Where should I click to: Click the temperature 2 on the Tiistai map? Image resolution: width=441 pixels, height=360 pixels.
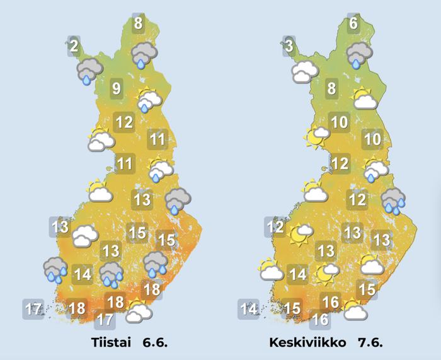74,45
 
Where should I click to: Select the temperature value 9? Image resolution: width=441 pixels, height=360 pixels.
116,88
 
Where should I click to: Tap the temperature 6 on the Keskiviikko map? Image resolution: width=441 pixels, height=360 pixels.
353,24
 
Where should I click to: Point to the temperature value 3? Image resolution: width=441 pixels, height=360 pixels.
289,46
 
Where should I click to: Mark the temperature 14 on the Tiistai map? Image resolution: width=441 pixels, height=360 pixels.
83,275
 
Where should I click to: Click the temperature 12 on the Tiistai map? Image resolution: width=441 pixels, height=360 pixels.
124,122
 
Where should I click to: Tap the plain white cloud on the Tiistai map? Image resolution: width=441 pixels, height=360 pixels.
85,237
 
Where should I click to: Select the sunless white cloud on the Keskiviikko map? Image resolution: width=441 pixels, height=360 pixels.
304,72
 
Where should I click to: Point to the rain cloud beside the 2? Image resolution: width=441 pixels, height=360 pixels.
89,71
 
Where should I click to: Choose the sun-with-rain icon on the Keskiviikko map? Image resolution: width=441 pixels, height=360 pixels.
376,168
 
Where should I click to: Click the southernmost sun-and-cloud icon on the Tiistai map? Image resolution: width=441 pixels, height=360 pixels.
138,310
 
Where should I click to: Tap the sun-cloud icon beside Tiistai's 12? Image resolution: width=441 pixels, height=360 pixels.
101,139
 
